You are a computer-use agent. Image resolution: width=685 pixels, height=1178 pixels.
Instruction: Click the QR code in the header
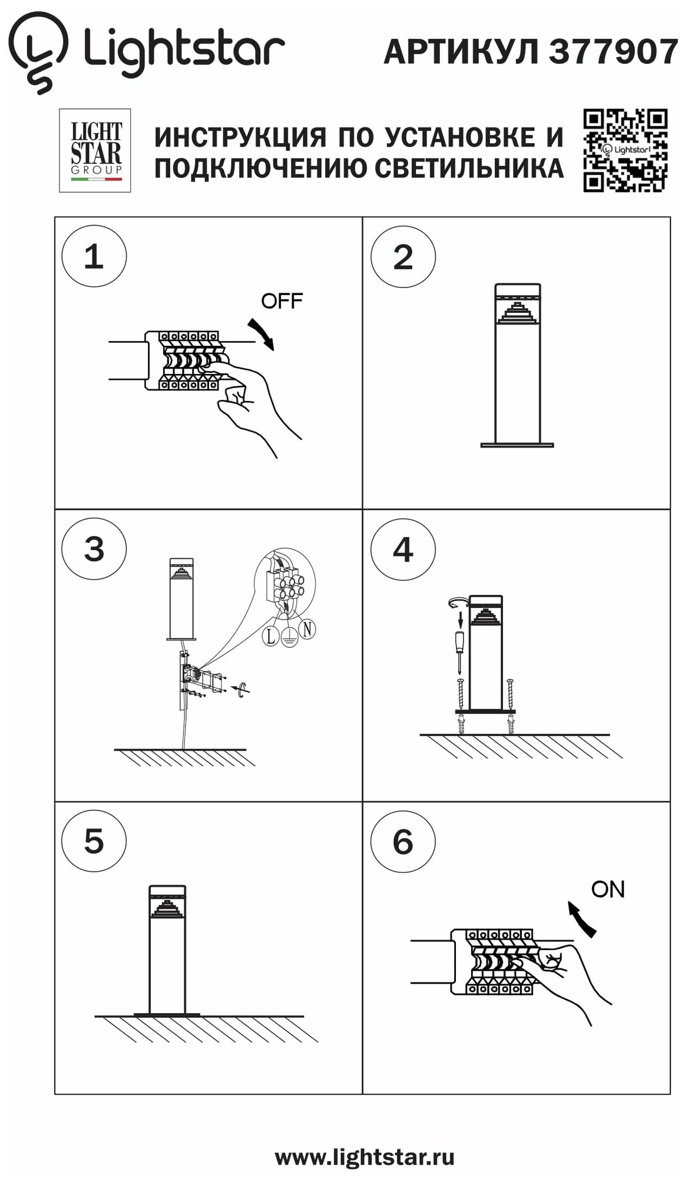point(625,150)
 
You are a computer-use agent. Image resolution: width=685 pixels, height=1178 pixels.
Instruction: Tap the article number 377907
point(613,52)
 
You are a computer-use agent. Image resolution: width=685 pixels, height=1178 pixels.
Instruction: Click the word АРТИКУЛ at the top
point(461,52)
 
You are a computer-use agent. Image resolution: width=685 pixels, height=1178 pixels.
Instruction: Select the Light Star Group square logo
point(95,150)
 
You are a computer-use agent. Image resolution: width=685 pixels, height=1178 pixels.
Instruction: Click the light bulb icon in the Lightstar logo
point(37,52)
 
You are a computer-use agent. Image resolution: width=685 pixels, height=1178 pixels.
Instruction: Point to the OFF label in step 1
point(282,301)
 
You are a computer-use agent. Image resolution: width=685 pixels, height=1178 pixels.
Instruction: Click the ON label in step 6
point(608,889)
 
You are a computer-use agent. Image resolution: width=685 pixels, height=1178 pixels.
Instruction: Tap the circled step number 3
point(94,549)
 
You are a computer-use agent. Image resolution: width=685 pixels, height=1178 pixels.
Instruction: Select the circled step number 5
point(94,841)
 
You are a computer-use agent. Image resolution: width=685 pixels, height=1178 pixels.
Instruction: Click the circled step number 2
point(403,257)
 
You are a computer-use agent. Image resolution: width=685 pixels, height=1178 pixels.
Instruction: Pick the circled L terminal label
point(270,636)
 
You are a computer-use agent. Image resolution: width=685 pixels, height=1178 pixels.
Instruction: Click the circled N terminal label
point(307,629)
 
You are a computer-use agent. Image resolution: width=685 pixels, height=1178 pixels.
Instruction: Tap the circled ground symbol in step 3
point(289,637)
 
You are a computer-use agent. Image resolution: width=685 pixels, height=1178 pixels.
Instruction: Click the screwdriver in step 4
point(459,648)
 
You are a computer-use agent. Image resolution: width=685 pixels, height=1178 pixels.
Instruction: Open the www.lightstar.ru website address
point(365,1157)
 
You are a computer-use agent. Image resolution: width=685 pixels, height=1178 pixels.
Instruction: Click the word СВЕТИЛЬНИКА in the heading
point(469,168)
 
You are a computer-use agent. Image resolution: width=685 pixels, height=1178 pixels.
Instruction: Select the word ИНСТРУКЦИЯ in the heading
point(240,137)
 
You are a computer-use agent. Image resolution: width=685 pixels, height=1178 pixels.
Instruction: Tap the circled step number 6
point(403,841)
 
